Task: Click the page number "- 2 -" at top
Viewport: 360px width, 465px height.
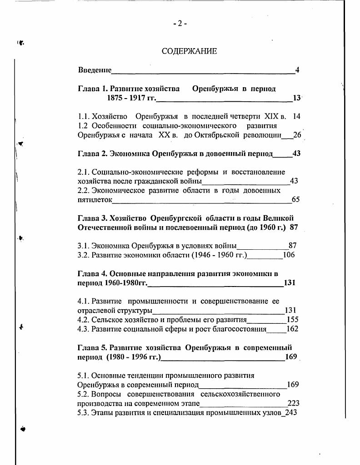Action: pos(180,24)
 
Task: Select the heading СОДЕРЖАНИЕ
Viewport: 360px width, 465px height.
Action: pos(189,51)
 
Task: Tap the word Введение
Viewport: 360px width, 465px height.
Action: pos(95,70)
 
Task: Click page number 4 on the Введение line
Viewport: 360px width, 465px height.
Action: pos(297,70)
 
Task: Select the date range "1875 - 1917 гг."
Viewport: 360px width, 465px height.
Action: pos(131,98)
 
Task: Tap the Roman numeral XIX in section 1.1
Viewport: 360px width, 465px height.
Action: pos(271,116)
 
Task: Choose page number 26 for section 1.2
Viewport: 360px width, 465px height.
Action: pos(297,135)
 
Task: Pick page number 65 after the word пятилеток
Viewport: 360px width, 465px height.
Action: pos(295,199)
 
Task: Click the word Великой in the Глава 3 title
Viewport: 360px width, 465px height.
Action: pos(282,218)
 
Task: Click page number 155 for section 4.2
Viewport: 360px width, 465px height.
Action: pos(292,319)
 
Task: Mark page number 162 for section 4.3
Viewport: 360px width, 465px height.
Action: pos(292,329)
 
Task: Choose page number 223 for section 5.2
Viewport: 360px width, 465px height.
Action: pos(293,403)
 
